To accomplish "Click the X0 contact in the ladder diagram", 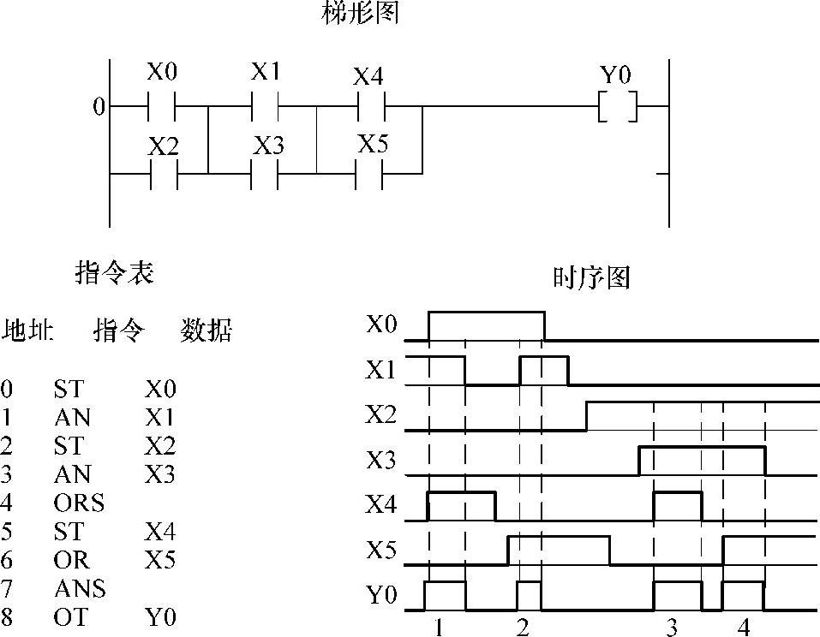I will point(162,108).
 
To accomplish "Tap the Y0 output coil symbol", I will point(618,108).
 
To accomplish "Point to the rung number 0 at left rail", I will point(99,108).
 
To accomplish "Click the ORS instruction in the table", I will point(79,503).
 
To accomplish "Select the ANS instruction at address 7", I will point(79,588).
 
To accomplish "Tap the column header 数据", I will point(206,330).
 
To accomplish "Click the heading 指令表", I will point(116,273).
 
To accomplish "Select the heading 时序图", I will point(592,278).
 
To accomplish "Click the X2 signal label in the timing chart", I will point(381,415).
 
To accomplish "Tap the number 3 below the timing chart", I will point(672,628).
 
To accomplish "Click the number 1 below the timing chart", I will point(439,628).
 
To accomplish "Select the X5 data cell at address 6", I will point(160,560).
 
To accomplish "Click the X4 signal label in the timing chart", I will point(381,505).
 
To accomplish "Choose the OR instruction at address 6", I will point(70,560).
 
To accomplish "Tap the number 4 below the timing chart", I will point(744,628).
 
